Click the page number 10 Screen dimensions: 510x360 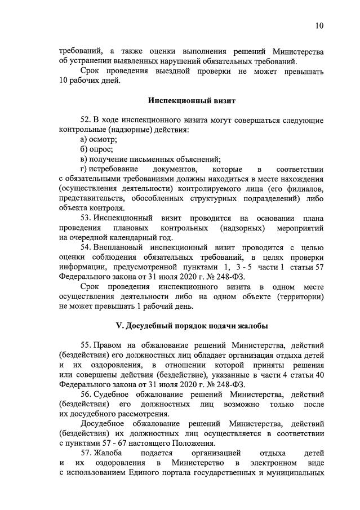[319, 26]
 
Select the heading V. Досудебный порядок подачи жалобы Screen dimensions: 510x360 [191, 326]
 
